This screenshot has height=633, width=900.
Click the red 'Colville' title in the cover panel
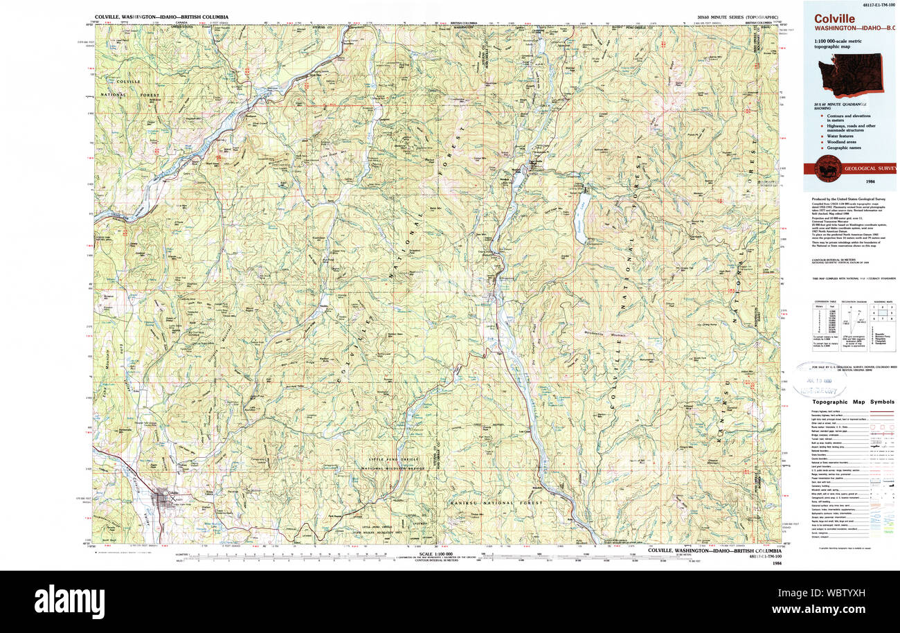(834, 19)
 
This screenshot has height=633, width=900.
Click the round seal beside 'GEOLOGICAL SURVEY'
(828, 168)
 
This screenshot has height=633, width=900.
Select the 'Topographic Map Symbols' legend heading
(854, 402)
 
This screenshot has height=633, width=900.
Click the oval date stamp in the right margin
(819, 380)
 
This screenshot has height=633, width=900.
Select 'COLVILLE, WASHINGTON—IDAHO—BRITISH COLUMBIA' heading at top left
(161, 17)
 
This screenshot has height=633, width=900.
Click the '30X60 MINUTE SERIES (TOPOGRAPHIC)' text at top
(737, 17)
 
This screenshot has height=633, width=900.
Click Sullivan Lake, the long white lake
(582, 217)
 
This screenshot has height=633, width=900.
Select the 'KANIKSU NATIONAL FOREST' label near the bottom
(490, 502)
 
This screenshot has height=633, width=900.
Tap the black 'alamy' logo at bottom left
(69, 600)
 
